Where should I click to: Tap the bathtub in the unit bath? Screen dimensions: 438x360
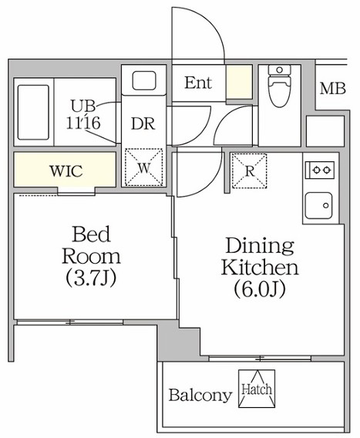[x=32, y=113]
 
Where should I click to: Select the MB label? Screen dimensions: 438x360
[x=332, y=88]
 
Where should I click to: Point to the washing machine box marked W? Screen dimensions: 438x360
[x=143, y=166]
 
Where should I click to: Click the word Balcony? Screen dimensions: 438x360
[x=200, y=397]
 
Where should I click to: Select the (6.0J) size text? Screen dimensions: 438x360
[x=259, y=291]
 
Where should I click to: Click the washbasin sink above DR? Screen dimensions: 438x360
[x=143, y=82]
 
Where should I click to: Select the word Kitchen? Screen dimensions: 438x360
[x=259, y=269]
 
